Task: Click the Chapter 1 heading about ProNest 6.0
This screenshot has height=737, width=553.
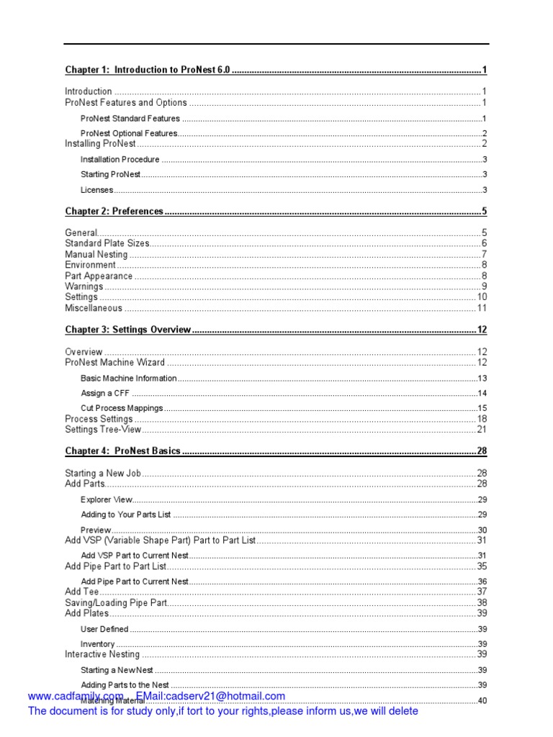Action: (147, 70)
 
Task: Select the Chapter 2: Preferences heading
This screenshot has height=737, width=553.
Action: (114, 212)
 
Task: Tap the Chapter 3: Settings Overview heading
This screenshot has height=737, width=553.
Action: (127, 330)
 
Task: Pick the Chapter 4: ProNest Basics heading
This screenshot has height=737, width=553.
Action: (122, 451)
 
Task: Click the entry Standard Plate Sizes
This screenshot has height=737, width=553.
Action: (107, 243)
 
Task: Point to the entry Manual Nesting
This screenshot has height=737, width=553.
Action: (96, 254)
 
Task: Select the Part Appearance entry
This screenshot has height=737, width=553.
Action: (99, 276)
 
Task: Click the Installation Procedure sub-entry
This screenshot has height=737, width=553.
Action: (120, 160)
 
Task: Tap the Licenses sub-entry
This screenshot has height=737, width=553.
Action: (97, 190)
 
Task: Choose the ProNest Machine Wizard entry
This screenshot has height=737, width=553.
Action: (114, 362)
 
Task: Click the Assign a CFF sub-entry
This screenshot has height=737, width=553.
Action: (107, 393)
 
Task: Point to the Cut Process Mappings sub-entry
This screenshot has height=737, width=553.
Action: (122, 408)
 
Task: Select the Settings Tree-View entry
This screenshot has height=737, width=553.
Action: (103, 430)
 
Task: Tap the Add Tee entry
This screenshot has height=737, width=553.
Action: (82, 592)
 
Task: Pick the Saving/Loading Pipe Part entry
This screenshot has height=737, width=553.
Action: (116, 602)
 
